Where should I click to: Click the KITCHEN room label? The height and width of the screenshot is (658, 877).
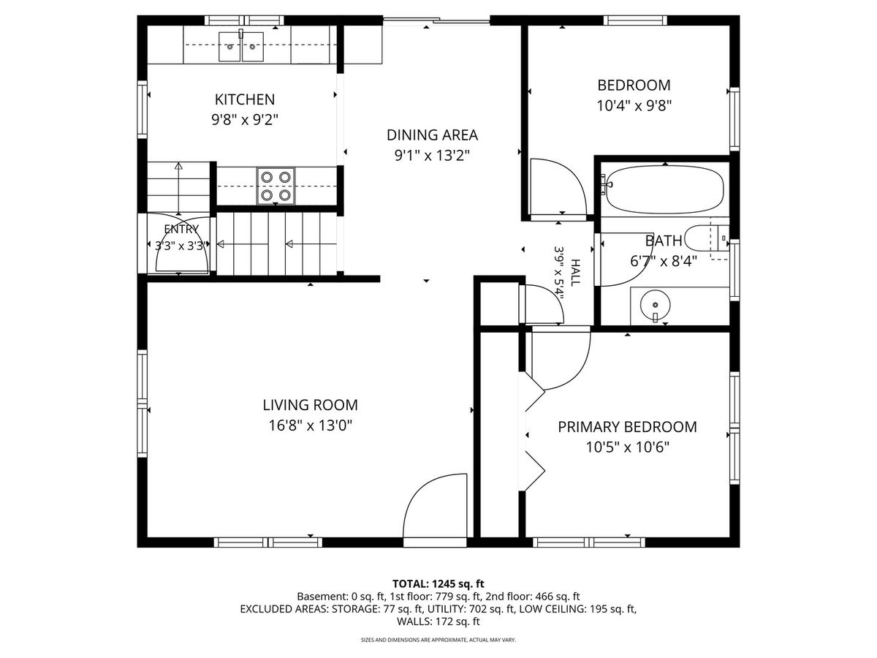[x=245, y=99]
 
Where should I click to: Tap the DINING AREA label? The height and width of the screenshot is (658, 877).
[x=432, y=135]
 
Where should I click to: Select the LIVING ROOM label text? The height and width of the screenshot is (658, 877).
[x=310, y=405]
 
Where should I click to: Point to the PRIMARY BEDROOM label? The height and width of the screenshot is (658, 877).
[x=627, y=427]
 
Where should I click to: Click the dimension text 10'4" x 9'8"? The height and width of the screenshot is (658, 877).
[x=634, y=106]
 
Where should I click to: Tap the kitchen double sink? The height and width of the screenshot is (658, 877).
[x=241, y=47]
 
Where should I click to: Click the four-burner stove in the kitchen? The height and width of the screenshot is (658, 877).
[x=276, y=186]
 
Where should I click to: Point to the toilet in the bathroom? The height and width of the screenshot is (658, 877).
[x=707, y=239]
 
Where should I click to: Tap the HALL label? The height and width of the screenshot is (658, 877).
[x=575, y=273]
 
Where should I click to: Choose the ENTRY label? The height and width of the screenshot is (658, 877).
[x=181, y=229]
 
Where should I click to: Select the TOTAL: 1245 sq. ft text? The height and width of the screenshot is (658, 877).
[x=438, y=583]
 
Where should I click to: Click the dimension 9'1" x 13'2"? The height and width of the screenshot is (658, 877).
[x=432, y=155]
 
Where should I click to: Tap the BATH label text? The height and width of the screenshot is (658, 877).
[x=664, y=241]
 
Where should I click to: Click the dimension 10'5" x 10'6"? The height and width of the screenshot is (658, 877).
[x=627, y=447]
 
